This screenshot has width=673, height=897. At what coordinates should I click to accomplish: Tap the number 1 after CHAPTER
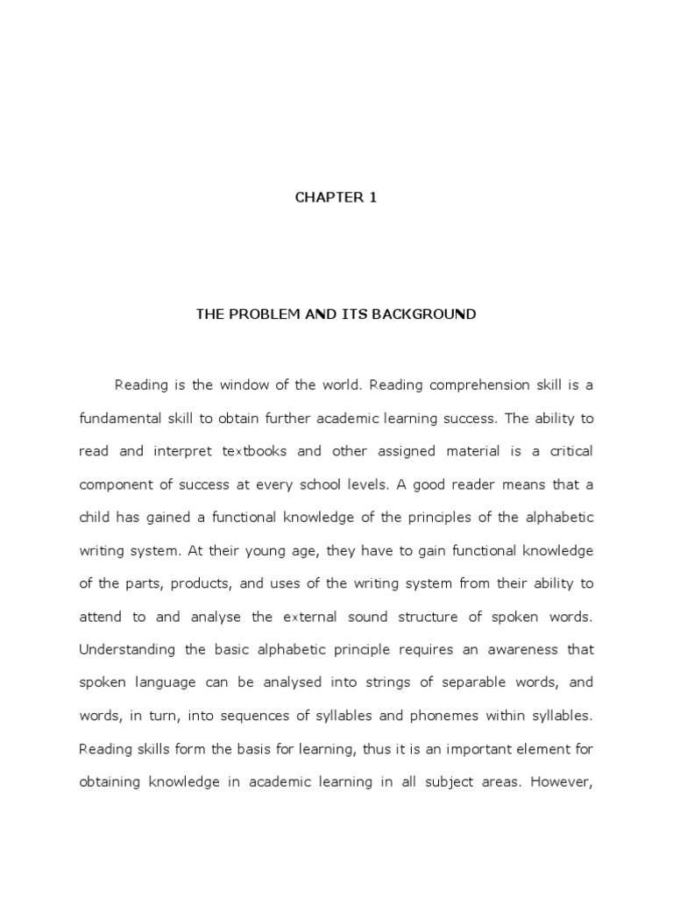click(372, 197)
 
